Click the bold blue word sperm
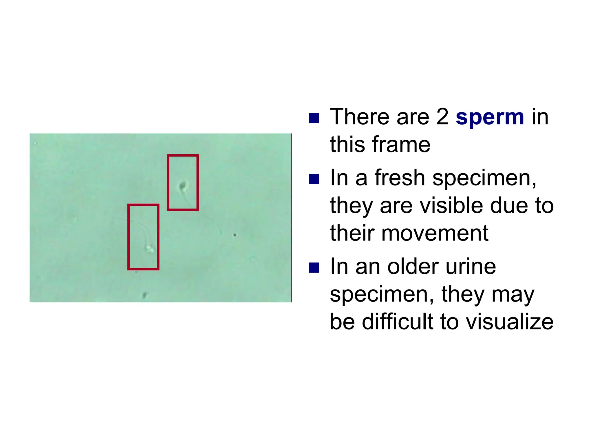490,117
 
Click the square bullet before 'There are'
314,118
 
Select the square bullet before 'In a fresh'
314,179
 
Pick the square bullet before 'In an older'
314,268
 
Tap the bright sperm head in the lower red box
150,248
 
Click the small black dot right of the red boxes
235,235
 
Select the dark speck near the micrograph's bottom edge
145,295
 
